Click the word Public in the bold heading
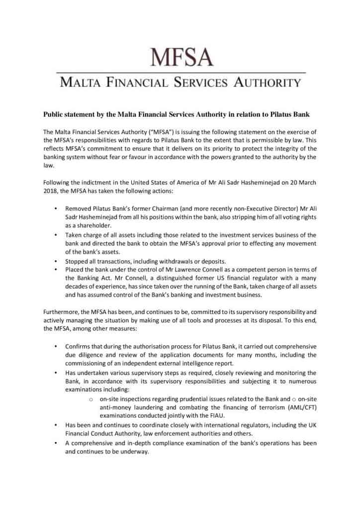(x=54, y=114)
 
